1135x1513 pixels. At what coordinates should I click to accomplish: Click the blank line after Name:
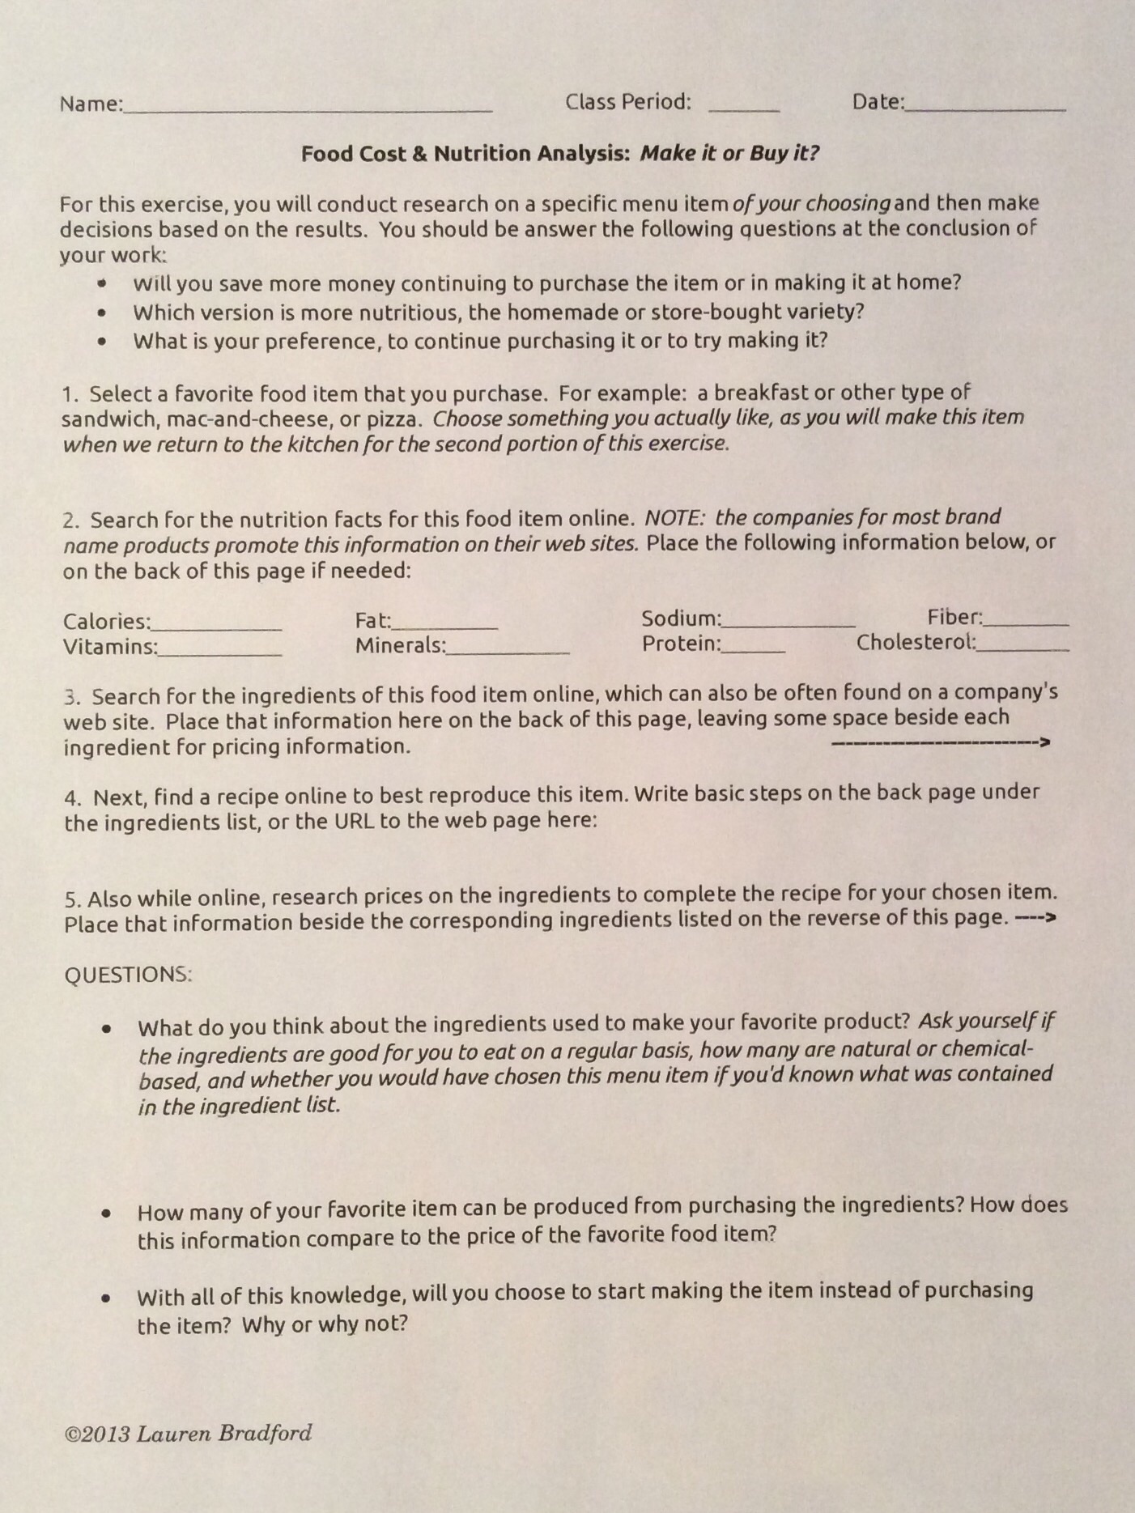(308, 108)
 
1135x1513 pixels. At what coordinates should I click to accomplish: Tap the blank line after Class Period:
(743, 108)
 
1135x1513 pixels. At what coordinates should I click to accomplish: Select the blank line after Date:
(985, 108)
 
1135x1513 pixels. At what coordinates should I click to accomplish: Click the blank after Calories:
(217, 628)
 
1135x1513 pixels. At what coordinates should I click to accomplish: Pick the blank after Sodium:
(788, 626)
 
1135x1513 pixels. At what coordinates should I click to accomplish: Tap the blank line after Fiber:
(1026, 624)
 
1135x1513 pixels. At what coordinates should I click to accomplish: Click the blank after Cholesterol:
(1022, 649)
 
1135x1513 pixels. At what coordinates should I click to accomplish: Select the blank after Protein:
(753, 650)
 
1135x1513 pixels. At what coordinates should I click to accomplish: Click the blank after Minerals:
(508, 652)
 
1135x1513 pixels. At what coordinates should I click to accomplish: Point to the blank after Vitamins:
(220, 652)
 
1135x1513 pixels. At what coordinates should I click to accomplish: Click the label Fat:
(372, 621)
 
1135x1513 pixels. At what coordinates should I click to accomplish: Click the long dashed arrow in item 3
(940, 742)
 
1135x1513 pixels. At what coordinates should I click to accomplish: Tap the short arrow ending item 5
(1035, 918)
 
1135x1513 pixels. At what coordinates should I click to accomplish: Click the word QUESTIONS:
(128, 974)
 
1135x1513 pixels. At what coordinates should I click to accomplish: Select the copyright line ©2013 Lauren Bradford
(188, 1434)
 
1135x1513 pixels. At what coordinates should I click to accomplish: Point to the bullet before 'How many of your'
(106, 1213)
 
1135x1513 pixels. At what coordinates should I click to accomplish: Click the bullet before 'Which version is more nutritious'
(101, 312)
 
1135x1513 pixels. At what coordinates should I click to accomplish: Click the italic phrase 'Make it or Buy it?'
(729, 153)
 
